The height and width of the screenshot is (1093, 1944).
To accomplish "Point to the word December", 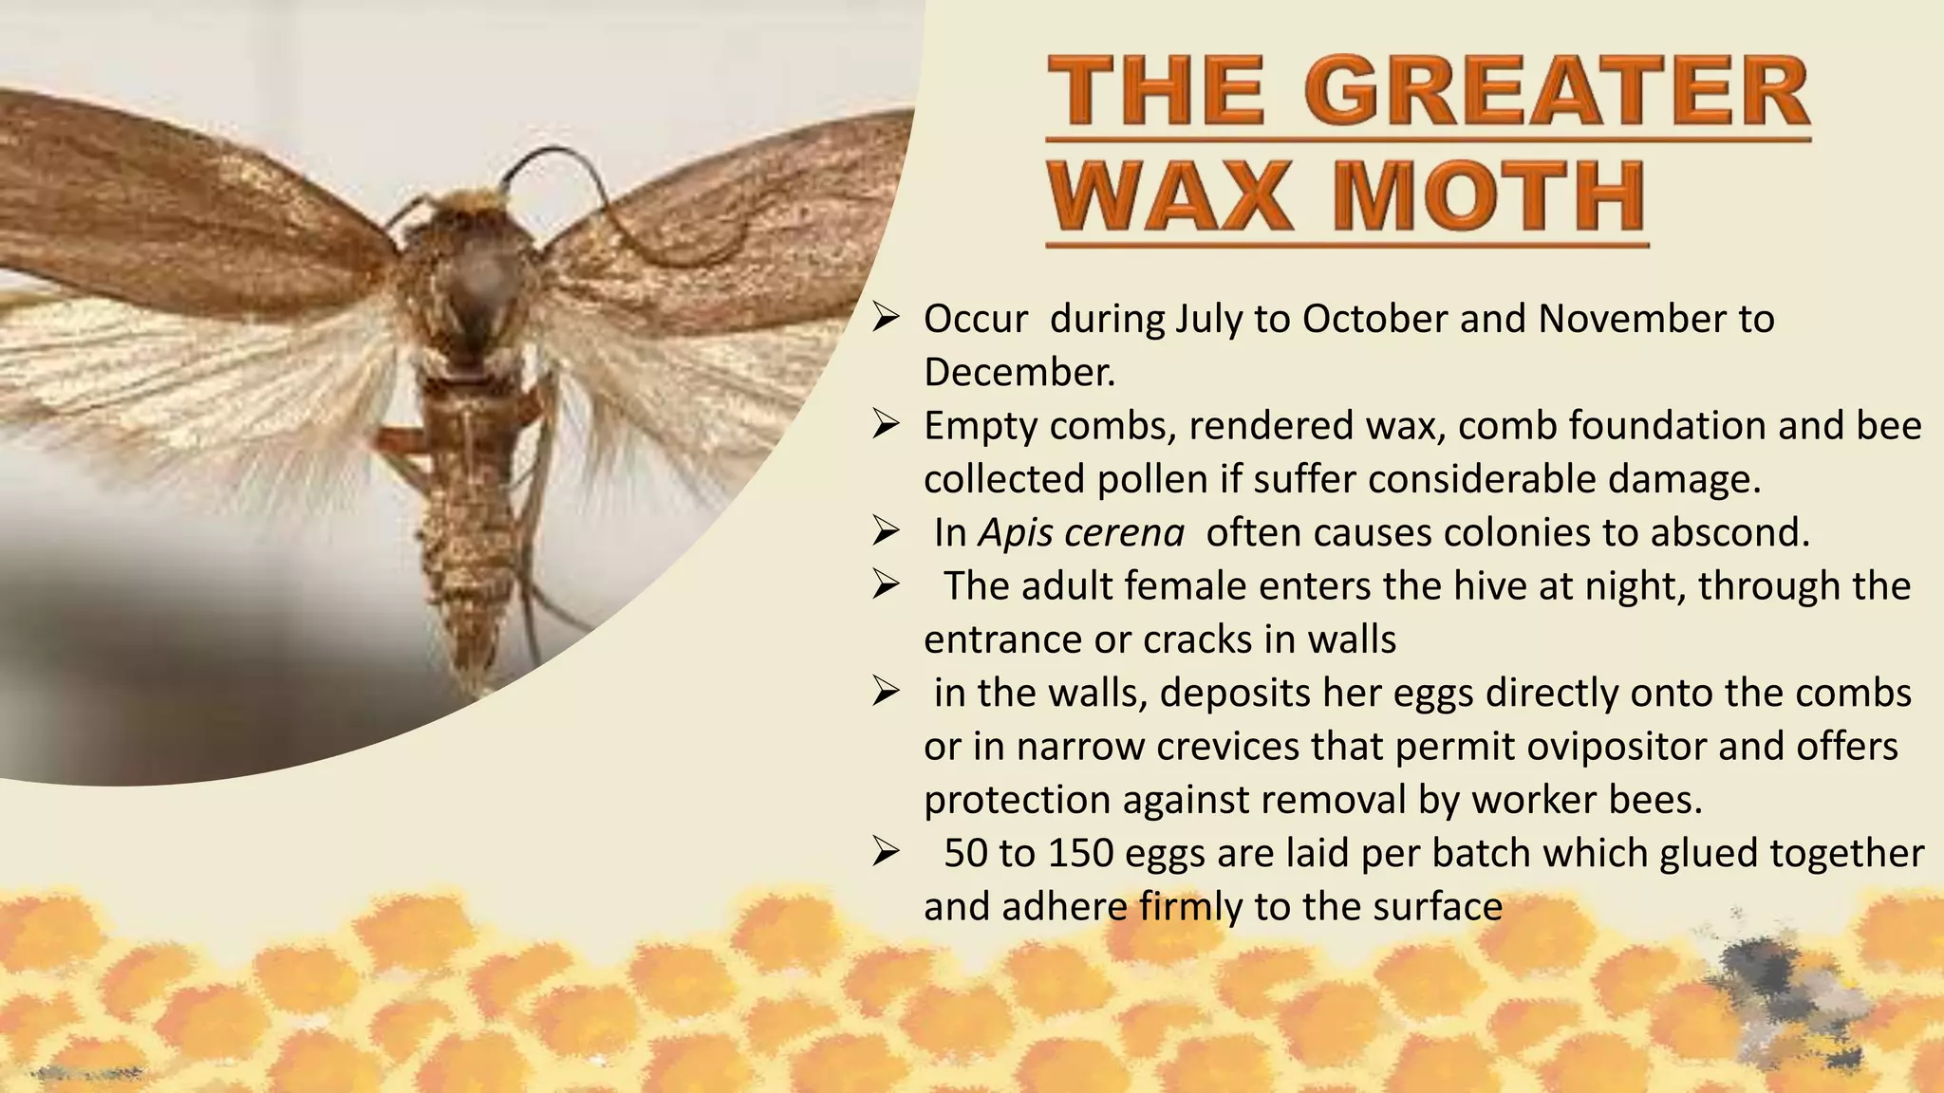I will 1019,373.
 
